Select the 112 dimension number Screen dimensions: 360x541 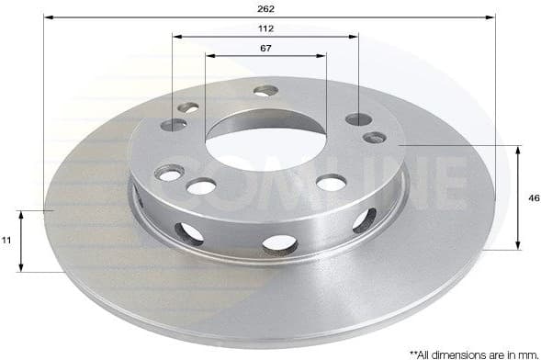click(x=266, y=28)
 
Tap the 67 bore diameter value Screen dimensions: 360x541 click(x=265, y=47)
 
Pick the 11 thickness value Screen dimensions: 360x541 click(x=6, y=241)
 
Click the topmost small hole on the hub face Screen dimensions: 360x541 click(x=265, y=90)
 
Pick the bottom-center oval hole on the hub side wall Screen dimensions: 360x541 click(x=279, y=244)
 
